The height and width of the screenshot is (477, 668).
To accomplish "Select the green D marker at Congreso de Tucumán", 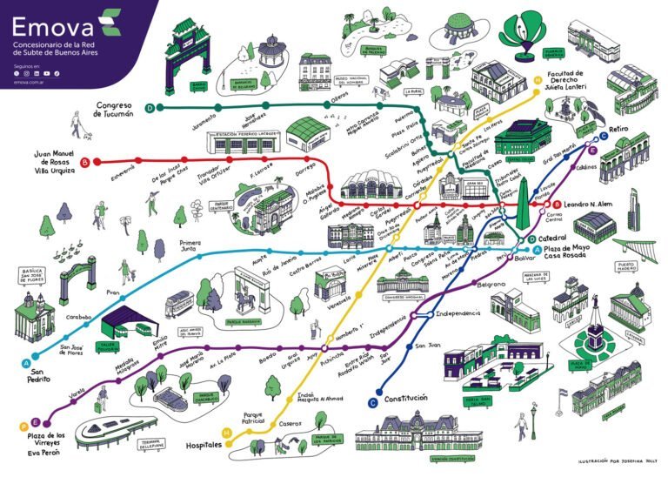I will (x=150, y=108).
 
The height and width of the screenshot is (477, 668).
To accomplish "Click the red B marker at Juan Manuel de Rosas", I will (x=84, y=162).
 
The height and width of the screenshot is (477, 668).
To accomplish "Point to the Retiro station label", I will (x=618, y=129).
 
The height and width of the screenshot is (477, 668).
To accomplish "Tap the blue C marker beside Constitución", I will (x=373, y=401).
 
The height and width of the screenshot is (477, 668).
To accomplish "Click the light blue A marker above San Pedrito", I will (x=25, y=362).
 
